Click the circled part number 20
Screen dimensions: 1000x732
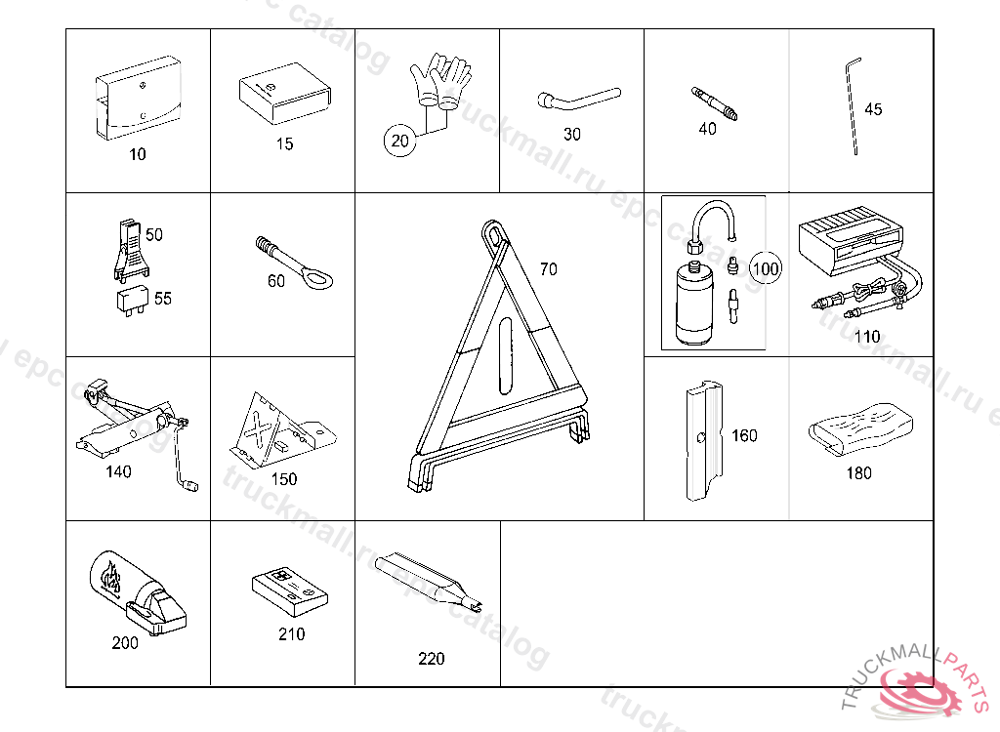(399, 141)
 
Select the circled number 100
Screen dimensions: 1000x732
(766, 268)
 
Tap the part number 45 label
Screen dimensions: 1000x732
(873, 109)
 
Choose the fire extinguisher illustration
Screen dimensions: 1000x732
(137, 593)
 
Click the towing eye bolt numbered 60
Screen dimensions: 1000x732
(294, 264)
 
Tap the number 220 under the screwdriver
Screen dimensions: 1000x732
(431, 659)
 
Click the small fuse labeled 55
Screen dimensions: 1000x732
(133, 300)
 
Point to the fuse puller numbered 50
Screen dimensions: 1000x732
(132, 251)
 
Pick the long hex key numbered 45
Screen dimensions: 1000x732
(853, 106)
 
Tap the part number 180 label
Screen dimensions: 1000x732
(858, 473)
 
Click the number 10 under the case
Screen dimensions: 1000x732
(137, 154)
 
